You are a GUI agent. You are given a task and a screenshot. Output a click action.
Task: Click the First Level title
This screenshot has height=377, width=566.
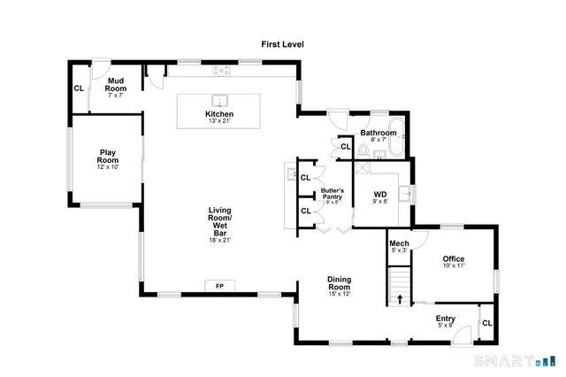[x=282, y=43]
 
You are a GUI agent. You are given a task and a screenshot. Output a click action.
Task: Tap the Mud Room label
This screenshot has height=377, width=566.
[x=115, y=86]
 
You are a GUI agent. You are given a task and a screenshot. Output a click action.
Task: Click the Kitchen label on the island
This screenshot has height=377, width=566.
[x=219, y=117]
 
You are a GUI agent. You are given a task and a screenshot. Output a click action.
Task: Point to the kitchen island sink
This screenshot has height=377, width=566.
[x=219, y=99]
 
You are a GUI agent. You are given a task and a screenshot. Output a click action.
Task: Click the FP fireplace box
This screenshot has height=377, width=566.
[x=219, y=286]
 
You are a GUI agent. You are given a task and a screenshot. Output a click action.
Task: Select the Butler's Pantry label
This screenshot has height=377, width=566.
[x=333, y=195]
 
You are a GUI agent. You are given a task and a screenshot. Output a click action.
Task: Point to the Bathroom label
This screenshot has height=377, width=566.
[x=378, y=135]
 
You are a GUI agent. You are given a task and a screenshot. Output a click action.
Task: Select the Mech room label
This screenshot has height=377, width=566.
[x=399, y=247]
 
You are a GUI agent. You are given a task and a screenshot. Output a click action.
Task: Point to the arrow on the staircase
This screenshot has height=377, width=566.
[x=400, y=298]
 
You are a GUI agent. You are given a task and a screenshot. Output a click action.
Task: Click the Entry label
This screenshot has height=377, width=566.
[x=446, y=320]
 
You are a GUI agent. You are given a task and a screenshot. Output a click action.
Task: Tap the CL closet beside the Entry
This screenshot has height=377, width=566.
[x=486, y=324]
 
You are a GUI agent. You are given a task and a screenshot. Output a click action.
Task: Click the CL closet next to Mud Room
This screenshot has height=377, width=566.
[x=79, y=88]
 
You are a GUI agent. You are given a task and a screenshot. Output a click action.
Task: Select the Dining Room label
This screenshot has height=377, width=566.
[x=340, y=286]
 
